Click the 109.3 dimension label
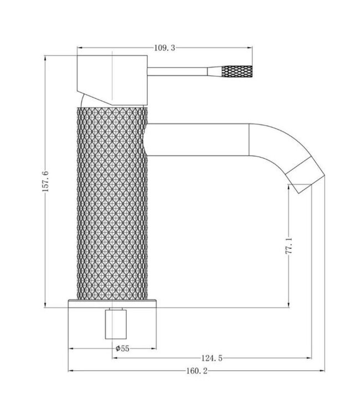pos(164,49)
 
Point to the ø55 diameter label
pos(122,349)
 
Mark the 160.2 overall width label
pos(188,371)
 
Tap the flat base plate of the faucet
pos(114,304)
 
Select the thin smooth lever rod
pos(177,71)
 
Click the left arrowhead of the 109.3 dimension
pos(80,49)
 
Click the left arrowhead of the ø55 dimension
pos(70,349)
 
